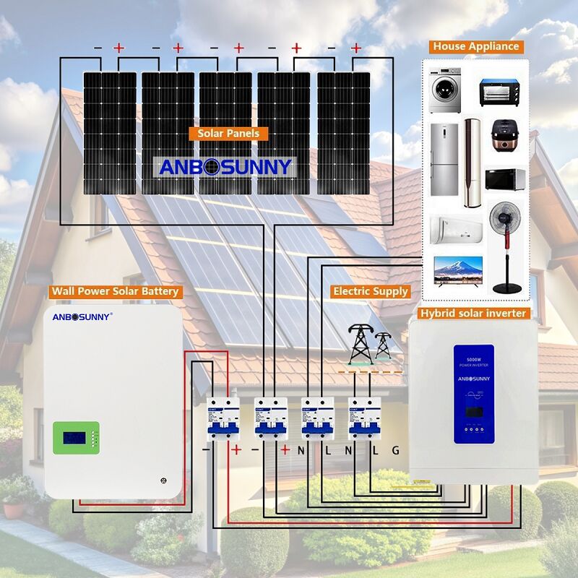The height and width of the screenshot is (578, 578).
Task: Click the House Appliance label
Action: [476, 46]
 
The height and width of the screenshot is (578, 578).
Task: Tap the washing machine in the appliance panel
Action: [445, 92]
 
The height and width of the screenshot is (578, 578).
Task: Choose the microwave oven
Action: [504, 179]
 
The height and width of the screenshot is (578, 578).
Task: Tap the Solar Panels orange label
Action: [228, 134]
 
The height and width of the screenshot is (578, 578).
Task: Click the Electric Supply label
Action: [371, 291]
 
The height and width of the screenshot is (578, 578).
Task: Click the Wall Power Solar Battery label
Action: [114, 292]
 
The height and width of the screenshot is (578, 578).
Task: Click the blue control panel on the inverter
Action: [473, 394]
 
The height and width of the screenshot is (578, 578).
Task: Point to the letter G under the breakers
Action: [395, 451]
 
